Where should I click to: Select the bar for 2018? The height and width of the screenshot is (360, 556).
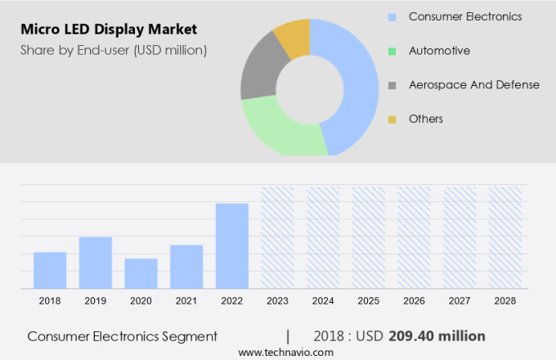50,270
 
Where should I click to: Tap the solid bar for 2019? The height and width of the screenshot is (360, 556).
96,263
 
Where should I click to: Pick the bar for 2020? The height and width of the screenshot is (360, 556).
141,273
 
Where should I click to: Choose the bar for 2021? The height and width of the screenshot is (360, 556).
186,267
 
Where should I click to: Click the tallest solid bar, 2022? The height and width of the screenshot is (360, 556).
232,245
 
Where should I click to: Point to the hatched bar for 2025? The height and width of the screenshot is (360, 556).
369,237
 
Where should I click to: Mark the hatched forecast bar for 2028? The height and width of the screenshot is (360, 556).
505,237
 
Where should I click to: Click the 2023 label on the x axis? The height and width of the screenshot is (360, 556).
277,301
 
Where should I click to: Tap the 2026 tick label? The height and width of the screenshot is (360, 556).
414,301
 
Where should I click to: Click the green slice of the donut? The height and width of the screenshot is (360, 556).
278,131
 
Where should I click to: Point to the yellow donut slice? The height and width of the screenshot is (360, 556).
293,37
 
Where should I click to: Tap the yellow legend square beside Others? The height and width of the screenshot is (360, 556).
392,119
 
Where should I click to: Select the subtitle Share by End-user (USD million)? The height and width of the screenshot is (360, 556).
114,50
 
